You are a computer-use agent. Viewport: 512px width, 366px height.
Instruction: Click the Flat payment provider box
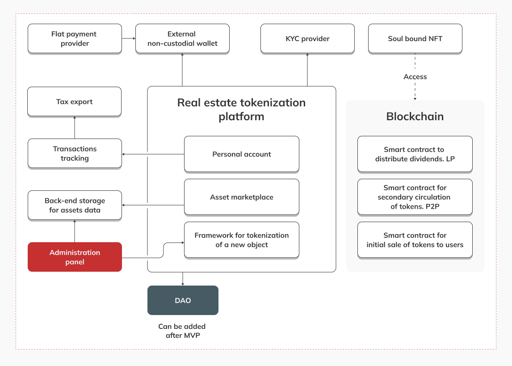(75, 39)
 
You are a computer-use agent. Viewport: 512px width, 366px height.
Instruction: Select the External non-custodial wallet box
(182, 39)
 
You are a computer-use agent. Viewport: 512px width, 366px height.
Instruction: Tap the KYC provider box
(307, 39)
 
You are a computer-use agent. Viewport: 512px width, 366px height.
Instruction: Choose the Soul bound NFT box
(415, 39)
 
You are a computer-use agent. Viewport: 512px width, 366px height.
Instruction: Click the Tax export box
(74, 102)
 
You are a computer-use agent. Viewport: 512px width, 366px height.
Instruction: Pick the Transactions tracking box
(75, 154)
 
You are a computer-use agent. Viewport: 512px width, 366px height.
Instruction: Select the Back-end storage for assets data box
(75, 206)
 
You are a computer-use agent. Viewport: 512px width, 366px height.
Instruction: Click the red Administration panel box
(75, 257)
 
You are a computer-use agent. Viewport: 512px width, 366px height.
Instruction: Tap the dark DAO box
(183, 300)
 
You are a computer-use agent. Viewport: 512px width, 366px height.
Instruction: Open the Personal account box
(241, 154)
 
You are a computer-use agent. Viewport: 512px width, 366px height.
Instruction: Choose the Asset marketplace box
(241, 197)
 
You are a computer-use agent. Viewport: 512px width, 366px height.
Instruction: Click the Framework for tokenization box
(241, 240)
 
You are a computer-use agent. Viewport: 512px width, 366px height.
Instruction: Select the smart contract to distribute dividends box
(415, 154)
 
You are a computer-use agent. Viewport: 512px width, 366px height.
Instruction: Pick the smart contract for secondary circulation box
(415, 197)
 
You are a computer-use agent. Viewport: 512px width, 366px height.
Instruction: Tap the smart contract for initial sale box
(415, 240)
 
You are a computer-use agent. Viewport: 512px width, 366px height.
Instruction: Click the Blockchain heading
(415, 117)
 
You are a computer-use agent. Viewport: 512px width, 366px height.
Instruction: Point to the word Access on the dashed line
(415, 77)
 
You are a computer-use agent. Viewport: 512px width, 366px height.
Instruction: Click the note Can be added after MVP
(182, 331)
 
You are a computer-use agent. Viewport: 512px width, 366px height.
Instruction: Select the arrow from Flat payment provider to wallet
(129, 38)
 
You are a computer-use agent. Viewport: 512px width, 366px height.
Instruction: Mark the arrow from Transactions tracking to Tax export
(75, 127)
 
